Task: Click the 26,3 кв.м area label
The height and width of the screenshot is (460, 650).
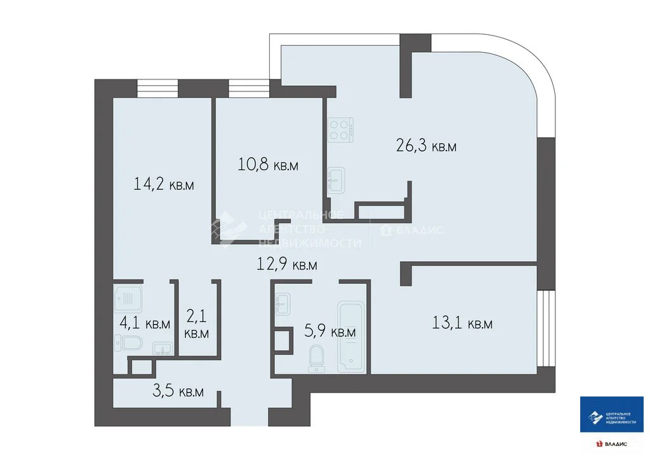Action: coord(426,146)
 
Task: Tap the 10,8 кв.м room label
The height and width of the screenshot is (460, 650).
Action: coord(268,165)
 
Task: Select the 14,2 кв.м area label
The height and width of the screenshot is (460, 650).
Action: coord(164,184)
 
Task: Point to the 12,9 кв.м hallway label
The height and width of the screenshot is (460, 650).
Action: coord(287,264)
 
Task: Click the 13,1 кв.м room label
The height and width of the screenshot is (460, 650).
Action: coord(462,323)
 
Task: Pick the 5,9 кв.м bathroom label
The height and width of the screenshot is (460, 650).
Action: coord(330,332)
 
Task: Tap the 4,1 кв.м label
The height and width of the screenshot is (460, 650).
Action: coord(145,323)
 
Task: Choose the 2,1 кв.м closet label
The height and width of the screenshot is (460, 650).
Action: coord(197,325)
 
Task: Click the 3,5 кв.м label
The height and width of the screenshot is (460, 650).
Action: coord(178,391)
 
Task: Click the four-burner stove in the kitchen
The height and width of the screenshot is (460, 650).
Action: coord(340,130)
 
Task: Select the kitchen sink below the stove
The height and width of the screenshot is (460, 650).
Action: coord(336,180)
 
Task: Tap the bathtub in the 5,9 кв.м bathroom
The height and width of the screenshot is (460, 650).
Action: coord(351,336)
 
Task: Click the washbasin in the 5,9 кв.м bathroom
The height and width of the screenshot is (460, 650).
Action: coord(282,304)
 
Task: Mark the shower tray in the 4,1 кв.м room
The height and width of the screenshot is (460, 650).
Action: coord(128,298)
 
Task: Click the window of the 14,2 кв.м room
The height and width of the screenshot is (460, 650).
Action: coord(157,88)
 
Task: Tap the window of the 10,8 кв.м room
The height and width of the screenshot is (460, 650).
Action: coord(249,88)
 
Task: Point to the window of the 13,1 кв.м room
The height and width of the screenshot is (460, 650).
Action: coord(546,328)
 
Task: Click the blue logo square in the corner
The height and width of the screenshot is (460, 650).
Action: coord(611,414)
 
